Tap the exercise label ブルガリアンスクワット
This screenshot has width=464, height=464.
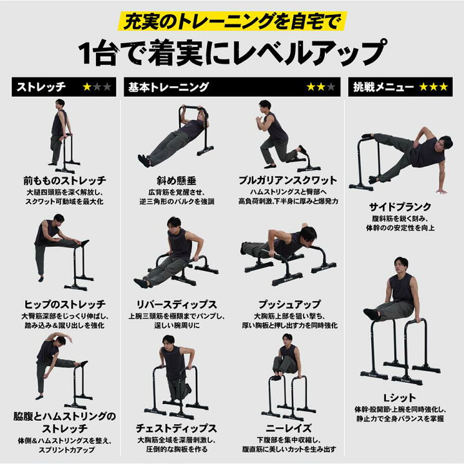287,180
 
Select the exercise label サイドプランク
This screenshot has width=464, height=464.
400,208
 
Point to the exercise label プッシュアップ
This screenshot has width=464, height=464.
287,304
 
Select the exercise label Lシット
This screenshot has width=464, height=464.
400,398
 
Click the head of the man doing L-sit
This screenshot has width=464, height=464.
401,265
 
